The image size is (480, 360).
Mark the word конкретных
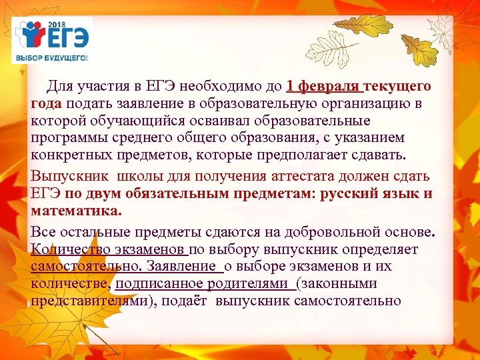(69, 156)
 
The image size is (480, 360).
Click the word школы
(141, 175)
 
